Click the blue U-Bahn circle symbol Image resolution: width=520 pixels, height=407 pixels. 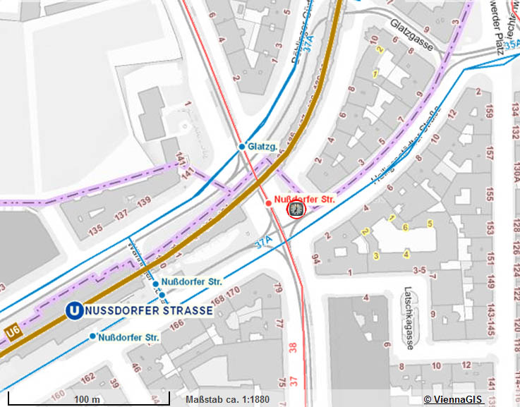[73, 310]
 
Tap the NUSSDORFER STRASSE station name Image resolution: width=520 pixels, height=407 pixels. [149, 310]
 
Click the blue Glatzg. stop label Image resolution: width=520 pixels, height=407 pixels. [264, 147]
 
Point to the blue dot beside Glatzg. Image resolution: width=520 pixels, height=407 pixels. [241, 147]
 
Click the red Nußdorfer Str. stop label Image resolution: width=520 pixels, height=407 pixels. [303, 200]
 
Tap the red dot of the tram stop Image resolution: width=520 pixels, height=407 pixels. [268, 203]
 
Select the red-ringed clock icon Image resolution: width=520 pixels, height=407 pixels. [296, 210]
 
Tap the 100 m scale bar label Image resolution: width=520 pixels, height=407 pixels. [86, 399]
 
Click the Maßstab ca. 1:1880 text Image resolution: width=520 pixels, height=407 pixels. [228, 399]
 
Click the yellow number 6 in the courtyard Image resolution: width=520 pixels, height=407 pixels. [406, 226]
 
